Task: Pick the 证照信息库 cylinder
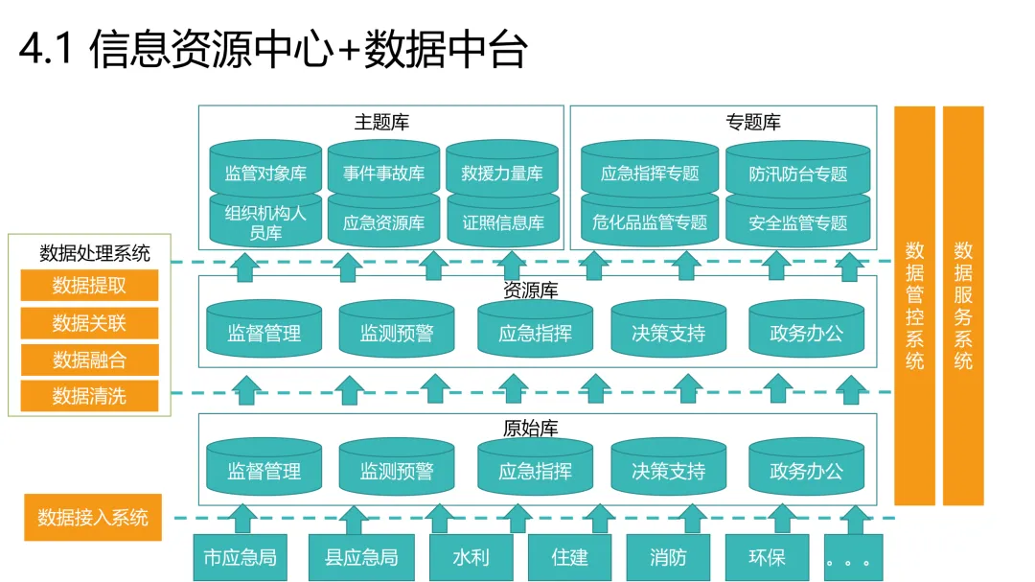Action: (x=501, y=222)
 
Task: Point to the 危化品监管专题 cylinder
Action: (x=650, y=222)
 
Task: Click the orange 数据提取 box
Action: (x=89, y=285)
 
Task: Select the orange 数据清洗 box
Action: (x=89, y=395)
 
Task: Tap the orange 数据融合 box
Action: (x=89, y=359)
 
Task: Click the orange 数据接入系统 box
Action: (x=93, y=518)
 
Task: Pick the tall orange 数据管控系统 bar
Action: (x=914, y=305)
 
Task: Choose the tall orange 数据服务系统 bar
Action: (x=963, y=305)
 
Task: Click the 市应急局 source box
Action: (x=240, y=557)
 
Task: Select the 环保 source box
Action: (x=767, y=557)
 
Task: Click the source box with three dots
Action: (x=848, y=557)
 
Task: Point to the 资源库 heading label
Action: (x=530, y=290)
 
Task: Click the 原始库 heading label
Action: (x=530, y=428)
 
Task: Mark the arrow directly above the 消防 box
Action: (x=687, y=519)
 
